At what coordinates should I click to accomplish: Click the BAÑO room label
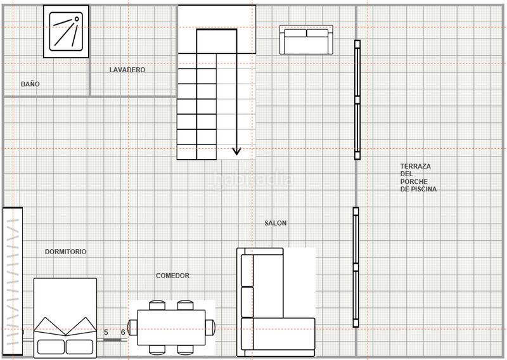[x=30, y=84]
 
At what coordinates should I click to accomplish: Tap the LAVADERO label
[x=127, y=70]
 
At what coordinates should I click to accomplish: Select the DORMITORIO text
[x=66, y=252]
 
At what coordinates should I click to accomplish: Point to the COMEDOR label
[x=172, y=276]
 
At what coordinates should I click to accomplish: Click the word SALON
[x=276, y=223]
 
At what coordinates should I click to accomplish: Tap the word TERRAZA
[x=416, y=166]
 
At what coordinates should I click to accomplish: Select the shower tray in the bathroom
[x=66, y=32]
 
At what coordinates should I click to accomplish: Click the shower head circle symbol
[x=77, y=19]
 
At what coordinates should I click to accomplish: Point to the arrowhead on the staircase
[x=236, y=151]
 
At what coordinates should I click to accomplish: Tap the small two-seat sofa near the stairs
[x=306, y=39]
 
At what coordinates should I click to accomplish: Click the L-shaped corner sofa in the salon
[x=276, y=302]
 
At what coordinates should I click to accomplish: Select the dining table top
[x=171, y=328]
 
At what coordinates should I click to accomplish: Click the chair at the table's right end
[x=210, y=327]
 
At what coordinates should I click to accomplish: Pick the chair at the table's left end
[x=132, y=327]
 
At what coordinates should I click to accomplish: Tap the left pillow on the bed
[x=51, y=347]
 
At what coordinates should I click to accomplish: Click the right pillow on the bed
[x=79, y=347]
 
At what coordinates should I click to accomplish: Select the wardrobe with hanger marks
[x=13, y=281]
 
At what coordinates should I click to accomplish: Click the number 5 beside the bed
[x=106, y=332]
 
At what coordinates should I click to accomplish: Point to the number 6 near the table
[x=123, y=332]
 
